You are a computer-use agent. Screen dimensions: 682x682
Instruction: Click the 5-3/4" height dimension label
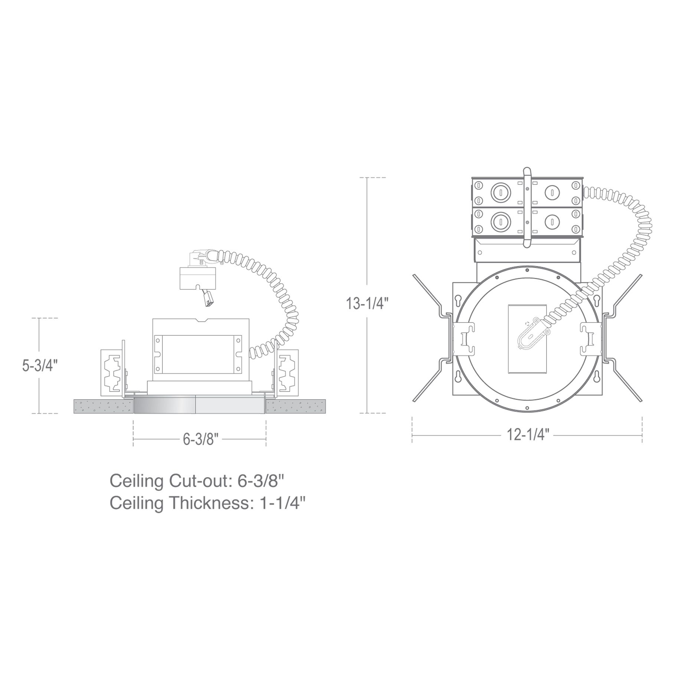click(x=39, y=365)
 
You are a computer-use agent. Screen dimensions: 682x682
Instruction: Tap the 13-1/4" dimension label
click(x=367, y=303)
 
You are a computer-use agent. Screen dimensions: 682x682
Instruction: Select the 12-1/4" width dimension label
click(x=528, y=434)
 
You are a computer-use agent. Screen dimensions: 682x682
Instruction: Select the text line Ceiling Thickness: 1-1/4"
click(x=208, y=503)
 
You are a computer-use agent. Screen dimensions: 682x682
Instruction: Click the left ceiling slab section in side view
click(x=103, y=406)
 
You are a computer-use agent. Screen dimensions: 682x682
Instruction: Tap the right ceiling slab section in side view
click(x=296, y=406)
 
